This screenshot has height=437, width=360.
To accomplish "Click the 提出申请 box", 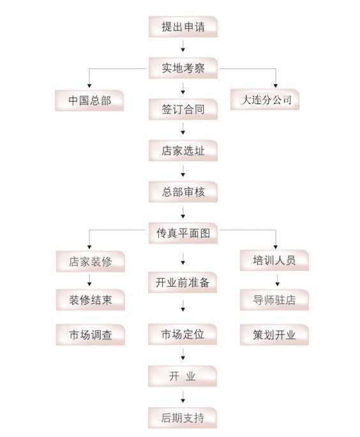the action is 183,26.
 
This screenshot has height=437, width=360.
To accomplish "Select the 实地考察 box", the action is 183,68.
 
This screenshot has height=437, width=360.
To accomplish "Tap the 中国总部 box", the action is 89,100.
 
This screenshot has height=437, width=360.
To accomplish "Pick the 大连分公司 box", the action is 265,100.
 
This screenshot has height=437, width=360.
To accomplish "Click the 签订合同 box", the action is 183,109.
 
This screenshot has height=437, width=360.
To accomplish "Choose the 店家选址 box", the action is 183,151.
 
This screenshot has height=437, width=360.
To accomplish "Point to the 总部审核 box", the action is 183,192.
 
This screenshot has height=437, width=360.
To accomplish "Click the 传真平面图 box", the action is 183,233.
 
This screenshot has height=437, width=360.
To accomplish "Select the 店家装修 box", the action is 91,261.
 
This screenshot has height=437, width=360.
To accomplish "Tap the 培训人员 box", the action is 274,260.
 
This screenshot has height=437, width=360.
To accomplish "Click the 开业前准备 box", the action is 183,282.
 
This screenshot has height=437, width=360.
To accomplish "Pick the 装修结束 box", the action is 91,300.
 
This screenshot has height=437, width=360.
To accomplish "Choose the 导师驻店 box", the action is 274,300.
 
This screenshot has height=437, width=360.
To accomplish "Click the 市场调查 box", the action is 91,335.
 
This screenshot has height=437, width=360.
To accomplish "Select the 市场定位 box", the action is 183,334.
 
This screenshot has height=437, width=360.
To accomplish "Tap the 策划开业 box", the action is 274,335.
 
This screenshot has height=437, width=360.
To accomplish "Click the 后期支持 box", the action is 183,418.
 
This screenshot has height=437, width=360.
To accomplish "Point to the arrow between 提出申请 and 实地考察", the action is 183,46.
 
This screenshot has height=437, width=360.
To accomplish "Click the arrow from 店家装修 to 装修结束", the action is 89,280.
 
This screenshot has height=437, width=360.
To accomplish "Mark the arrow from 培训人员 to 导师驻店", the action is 277,280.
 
